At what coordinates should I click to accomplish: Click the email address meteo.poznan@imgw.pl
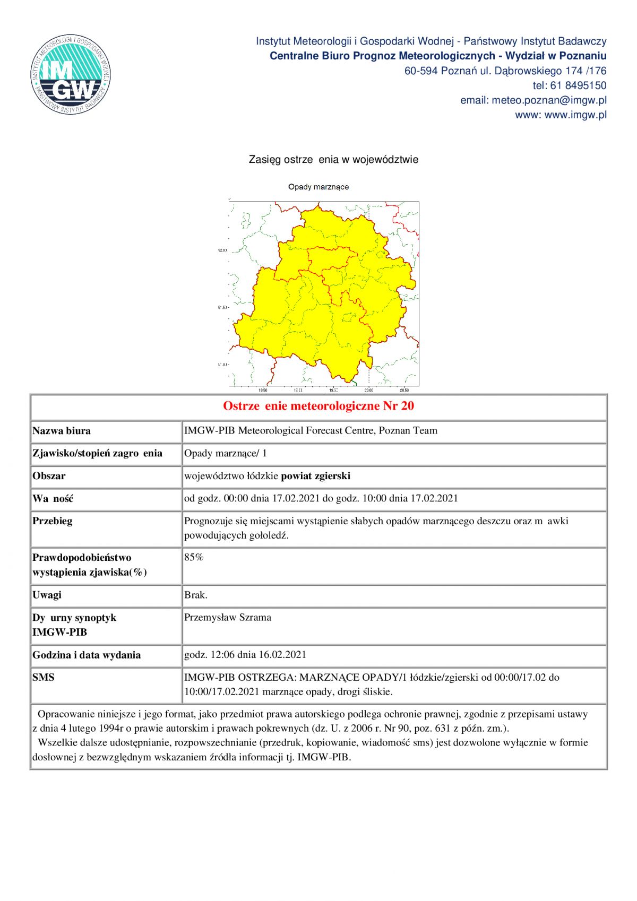click(549, 100)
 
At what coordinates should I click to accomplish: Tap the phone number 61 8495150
click(578, 85)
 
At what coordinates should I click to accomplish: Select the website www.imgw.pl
click(575, 115)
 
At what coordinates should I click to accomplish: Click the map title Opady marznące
click(318, 187)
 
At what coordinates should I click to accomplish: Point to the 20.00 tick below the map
click(368, 390)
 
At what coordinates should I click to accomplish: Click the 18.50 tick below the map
click(262, 390)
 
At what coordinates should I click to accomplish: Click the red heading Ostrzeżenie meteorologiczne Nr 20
click(318, 406)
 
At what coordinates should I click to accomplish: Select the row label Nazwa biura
click(62, 431)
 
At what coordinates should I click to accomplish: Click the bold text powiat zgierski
click(315, 476)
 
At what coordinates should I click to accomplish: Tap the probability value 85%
click(194, 557)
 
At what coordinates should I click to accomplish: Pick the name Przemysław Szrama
click(228, 617)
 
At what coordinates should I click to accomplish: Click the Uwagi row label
click(47, 595)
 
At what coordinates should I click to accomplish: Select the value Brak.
click(195, 595)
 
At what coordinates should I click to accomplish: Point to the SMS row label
click(43, 678)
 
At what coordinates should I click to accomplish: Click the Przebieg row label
click(52, 521)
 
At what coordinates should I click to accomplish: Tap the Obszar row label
click(49, 476)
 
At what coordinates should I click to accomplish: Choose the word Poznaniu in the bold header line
click(583, 56)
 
